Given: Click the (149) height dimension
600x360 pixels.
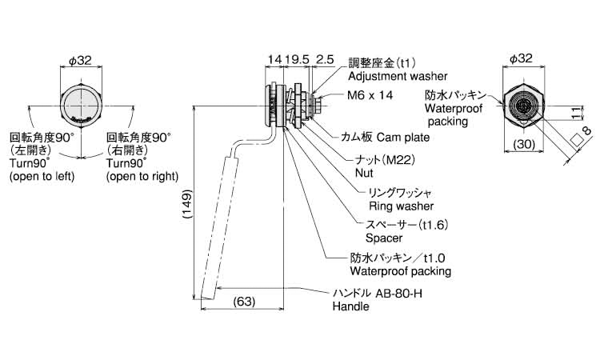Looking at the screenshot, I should (x=184, y=209).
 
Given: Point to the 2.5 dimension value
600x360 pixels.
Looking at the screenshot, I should (x=325, y=59).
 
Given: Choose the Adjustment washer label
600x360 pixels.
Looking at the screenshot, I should (x=388, y=78).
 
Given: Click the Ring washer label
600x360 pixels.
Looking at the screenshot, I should (x=389, y=206).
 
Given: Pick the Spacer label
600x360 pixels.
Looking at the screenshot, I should (x=384, y=238).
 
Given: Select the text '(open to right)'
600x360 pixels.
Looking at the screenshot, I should (x=142, y=176).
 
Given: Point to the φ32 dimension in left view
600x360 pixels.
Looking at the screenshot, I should (x=81, y=59).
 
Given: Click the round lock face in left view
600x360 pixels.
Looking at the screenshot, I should (x=80, y=104).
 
